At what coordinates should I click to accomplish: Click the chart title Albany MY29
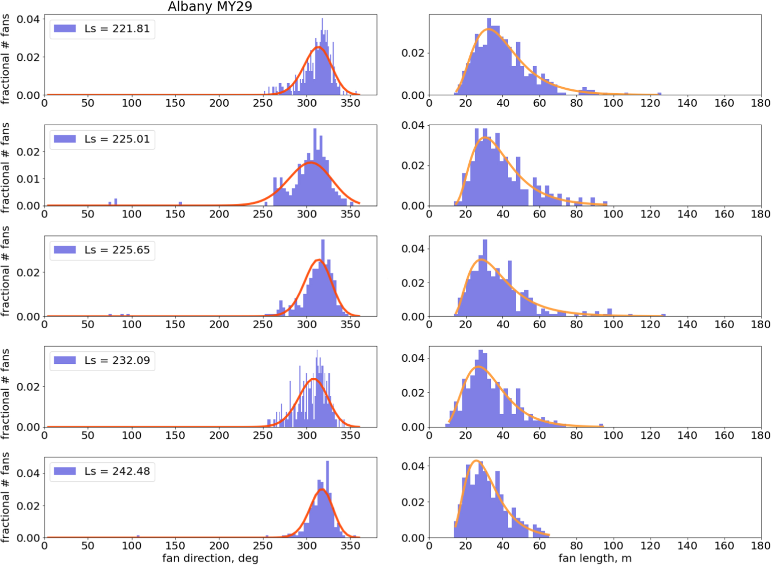(210, 7)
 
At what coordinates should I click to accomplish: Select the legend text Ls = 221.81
(117, 29)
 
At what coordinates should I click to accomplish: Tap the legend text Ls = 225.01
(117, 139)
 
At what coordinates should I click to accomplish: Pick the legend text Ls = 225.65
(117, 250)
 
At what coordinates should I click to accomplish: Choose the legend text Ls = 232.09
(117, 361)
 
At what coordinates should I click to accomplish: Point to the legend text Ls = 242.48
(117, 471)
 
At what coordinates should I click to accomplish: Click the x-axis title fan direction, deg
(210, 558)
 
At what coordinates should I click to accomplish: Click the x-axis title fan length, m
(595, 558)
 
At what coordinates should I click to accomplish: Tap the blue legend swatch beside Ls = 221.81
(65, 29)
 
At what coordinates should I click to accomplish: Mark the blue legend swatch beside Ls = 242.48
(65, 471)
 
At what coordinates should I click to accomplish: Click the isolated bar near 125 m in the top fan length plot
(659, 94)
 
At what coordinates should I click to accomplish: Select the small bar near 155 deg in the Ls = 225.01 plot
(180, 204)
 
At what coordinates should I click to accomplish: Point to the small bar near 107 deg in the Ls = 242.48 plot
(138, 536)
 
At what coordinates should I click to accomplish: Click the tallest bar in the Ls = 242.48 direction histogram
(327, 497)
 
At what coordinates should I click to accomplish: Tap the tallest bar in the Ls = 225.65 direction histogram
(323, 277)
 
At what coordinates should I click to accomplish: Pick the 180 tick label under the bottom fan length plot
(760, 545)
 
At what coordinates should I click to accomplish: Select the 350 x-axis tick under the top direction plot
(350, 103)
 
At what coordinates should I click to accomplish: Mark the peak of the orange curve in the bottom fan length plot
(476, 461)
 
